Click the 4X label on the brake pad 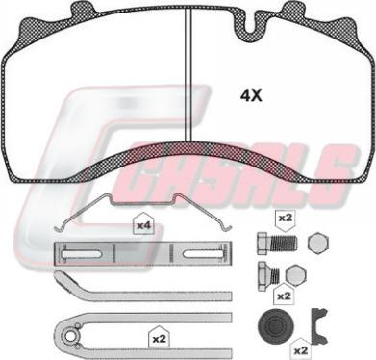pos(251,95)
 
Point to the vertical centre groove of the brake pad pos(188,74)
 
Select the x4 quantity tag pos(144,224)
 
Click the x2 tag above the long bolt pos(285,219)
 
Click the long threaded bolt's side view pos(277,243)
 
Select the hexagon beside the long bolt pos(318,243)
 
